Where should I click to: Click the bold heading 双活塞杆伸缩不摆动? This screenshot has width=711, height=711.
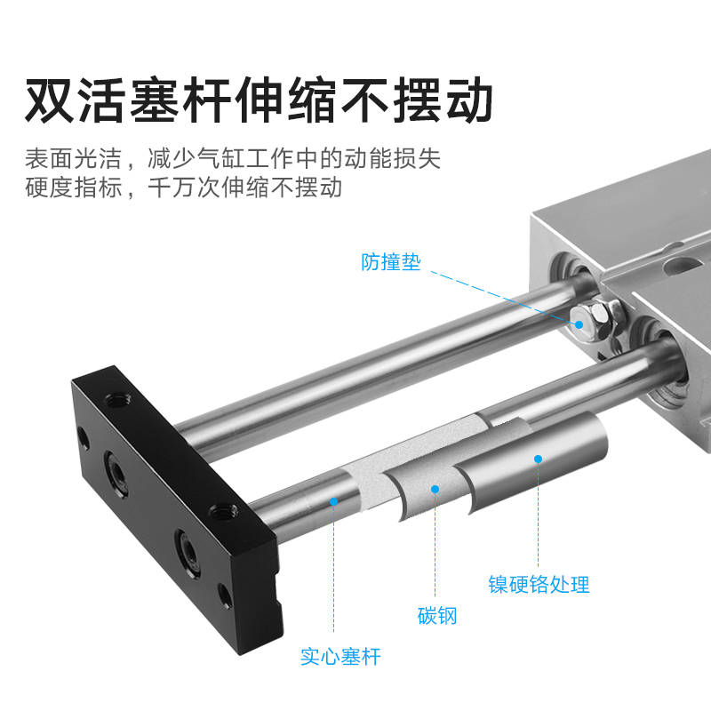click(x=259, y=100)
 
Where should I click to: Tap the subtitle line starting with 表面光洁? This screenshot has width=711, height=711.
click(x=232, y=159)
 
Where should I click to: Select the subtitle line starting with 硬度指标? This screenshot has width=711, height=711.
click(x=183, y=188)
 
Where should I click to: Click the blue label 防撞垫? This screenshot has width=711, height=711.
click(x=390, y=262)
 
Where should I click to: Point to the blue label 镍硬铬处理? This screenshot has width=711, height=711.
click(x=539, y=584)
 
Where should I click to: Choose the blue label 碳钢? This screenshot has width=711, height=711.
click(x=437, y=615)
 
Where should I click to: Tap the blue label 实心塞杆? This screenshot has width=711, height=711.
click(x=340, y=657)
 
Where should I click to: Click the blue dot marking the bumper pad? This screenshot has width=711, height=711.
click(x=579, y=324)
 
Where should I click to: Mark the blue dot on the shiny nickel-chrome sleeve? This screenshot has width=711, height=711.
click(x=537, y=459)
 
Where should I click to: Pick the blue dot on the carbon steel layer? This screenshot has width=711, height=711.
click(x=435, y=488)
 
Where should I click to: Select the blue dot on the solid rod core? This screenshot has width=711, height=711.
click(x=334, y=501)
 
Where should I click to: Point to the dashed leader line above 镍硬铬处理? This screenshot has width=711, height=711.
click(x=537, y=515)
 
